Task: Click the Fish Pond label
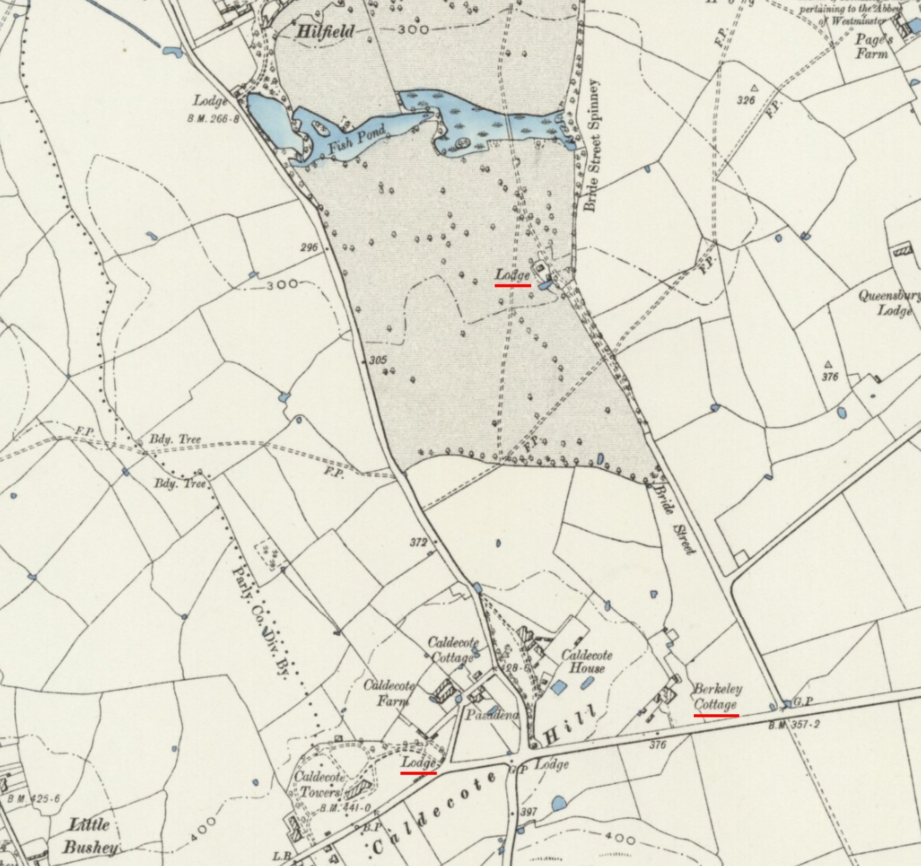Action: point(357,139)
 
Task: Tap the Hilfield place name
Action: point(325,31)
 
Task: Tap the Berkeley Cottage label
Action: point(717,696)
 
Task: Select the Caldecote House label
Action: point(587,661)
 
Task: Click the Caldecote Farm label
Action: point(388,692)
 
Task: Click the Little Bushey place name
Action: point(90,836)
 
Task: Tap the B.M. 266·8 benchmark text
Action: point(213,119)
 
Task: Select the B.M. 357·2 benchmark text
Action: point(793,726)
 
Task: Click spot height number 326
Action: point(745,100)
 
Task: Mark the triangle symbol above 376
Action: point(828,364)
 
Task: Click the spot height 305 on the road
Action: point(378,360)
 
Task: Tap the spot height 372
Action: point(418,542)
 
